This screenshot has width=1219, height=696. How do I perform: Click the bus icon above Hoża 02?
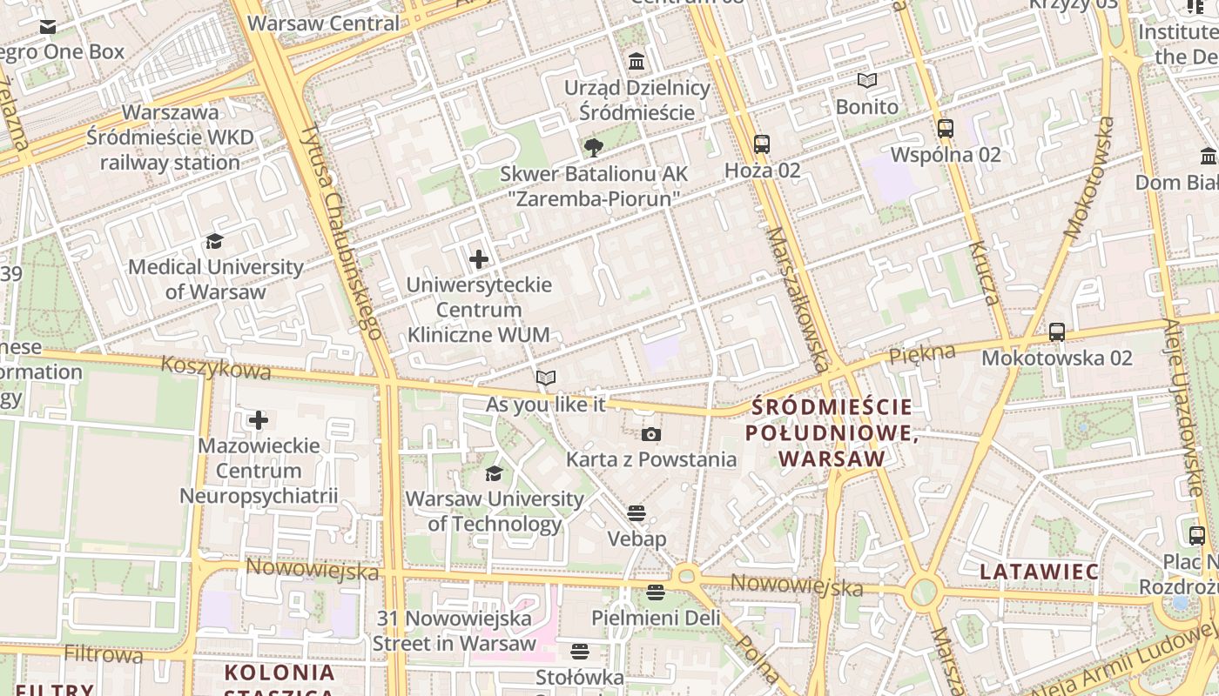pos(762,144)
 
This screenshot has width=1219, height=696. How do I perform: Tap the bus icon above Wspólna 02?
pos(946,129)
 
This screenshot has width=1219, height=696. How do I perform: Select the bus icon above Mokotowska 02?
pos(1057,331)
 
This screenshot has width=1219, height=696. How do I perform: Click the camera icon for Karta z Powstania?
pos(650,434)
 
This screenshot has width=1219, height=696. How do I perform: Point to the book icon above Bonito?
pos(866,81)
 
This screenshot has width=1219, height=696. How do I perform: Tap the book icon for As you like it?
pos(546,378)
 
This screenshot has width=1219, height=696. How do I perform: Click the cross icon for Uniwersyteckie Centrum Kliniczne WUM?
pos(479,259)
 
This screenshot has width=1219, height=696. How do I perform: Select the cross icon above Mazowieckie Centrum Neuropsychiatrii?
pos(259,420)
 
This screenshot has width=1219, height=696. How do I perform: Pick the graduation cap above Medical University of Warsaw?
pos(214,241)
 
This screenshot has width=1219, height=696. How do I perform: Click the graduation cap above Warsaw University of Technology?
pos(494,473)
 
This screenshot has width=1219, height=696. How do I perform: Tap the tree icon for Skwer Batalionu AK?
pos(594,147)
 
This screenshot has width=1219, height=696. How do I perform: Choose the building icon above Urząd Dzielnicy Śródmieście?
pos(637,62)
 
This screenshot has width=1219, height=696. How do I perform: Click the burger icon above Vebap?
pos(636,513)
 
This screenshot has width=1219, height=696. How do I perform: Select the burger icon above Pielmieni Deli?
pos(656,592)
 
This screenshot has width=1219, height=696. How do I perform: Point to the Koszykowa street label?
pos(216,369)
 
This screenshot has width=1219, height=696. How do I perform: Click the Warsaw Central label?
pos(323,23)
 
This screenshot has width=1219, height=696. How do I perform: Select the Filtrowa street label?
pos(103,653)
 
